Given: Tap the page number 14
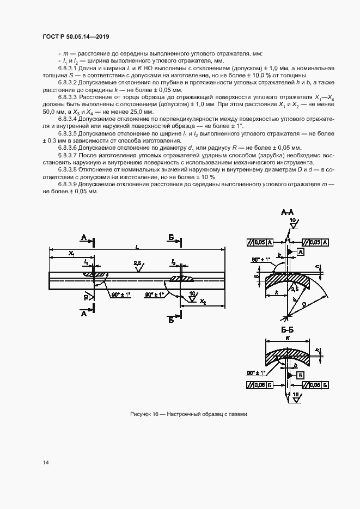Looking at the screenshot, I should pyautogui.click(x=46, y=463).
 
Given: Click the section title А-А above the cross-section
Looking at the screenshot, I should pyautogui.click(x=288, y=211).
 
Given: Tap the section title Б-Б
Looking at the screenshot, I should pyautogui.click(x=288, y=330).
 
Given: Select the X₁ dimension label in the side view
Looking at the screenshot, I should pyautogui.click(x=71, y=254).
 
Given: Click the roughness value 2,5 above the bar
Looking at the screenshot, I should pyautogui.click(x=138, y=263).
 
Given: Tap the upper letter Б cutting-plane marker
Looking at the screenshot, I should pyautogui.click(x=171, y=238).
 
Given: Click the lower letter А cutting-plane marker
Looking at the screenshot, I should pyautogui.click(x=83, y=314).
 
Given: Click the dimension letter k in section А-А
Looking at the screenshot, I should pyautogui.click(x=278, y=293).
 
